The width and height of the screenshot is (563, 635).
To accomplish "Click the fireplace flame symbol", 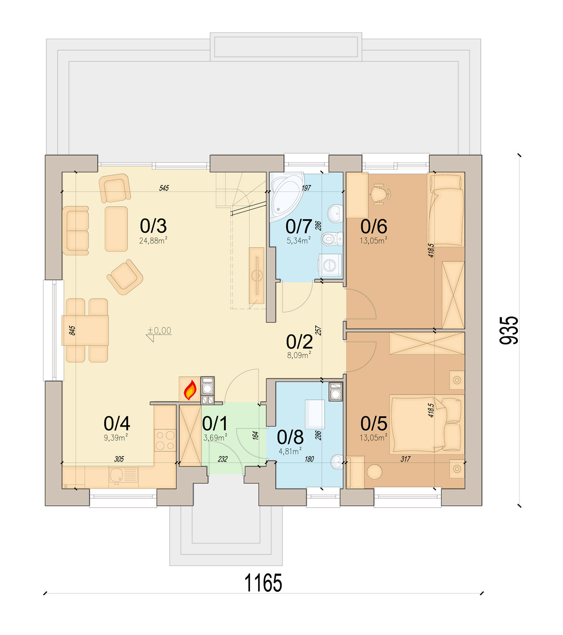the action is tap(190, 390).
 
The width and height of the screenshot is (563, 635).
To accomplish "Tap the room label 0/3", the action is tap(153, 226).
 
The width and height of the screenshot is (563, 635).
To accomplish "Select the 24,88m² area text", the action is tap(153, 241).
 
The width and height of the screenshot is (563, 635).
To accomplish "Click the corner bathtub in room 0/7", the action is tap(287, 197).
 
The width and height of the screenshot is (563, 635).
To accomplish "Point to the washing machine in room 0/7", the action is tap(330, 266).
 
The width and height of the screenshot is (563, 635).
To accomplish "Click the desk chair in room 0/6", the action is tap(380, 194).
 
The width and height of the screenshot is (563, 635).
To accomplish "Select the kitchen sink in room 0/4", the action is tap(123, 475).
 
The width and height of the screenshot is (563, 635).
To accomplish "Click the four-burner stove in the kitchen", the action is tap(165, 440).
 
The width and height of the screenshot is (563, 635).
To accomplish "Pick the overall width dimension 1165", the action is tap(263, 583).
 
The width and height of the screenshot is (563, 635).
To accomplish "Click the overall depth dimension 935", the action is tap(509, 330).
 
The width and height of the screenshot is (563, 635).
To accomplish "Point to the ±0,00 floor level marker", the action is tap(160, 331).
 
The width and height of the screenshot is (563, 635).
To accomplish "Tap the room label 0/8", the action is tap(290, 437).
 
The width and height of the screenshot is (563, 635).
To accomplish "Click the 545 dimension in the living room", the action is tap(164, 188).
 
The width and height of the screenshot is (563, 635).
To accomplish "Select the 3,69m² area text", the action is tap(215, 437).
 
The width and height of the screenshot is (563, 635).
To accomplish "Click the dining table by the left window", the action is tap(85, 330).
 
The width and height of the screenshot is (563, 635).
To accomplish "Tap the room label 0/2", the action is tap(299, 342).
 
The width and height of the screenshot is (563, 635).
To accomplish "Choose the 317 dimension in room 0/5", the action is tap(405, 459).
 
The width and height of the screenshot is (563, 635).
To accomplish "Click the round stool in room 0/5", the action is tap(374, 472).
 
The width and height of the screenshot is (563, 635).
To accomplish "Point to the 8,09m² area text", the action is tap(299, 355).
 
